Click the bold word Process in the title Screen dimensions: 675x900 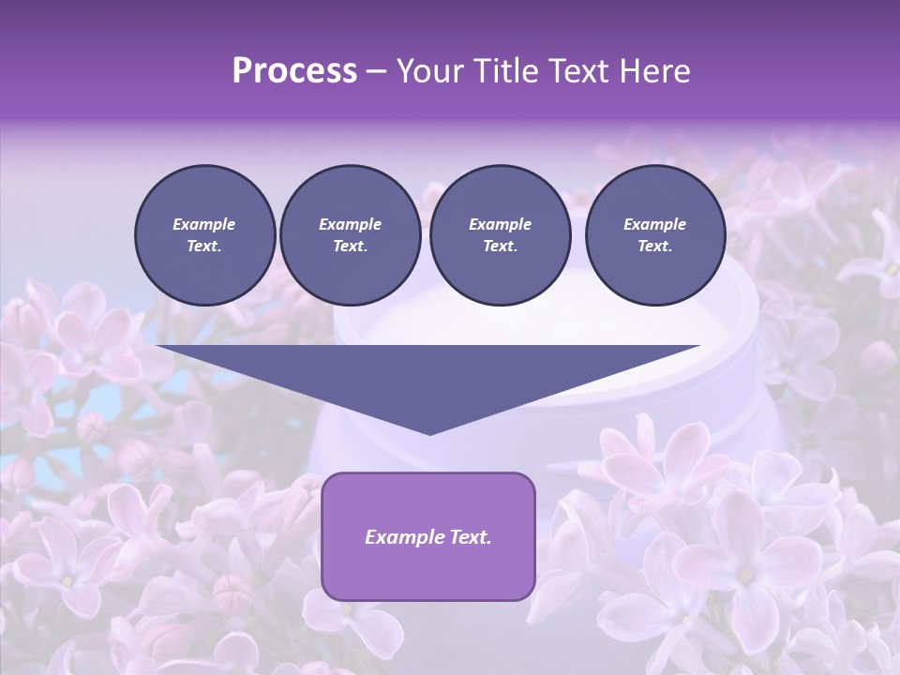point(294,70)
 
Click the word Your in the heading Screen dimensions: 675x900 point(430,70)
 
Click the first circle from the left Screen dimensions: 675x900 point(204,235)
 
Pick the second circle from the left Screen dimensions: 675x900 point(350,235)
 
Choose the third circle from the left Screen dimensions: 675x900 point(500,235)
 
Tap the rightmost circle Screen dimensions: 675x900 point(654,235)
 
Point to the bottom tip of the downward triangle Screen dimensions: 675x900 point(429,434)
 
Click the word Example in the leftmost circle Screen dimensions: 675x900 point(204,224)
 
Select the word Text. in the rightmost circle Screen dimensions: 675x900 point(654,247)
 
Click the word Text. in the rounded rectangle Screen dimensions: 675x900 point(469,537)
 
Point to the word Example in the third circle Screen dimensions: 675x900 point(500,224)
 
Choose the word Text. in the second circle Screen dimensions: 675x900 point(350,247)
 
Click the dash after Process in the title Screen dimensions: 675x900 point(377,71)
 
